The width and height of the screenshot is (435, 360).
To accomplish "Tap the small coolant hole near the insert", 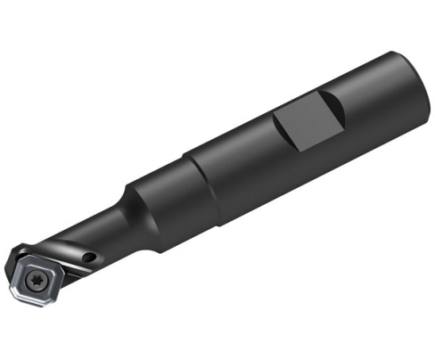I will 89,258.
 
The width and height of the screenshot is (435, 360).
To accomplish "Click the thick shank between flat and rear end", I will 365,98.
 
